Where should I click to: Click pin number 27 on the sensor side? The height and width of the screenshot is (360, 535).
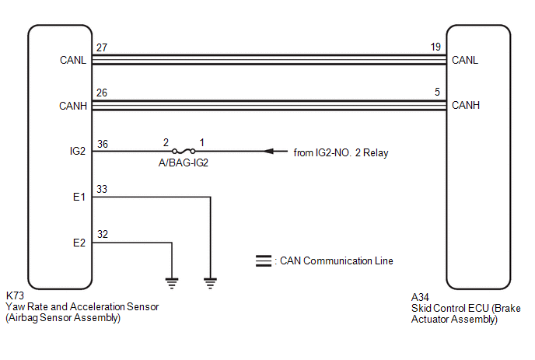(x=102, y=47)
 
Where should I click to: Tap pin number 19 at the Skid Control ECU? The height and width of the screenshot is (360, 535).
(x=435, y=47)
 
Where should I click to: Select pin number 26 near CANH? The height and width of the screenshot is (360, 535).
(x=102, y=93)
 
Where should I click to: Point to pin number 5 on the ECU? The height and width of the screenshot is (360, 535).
(x=438, y=92)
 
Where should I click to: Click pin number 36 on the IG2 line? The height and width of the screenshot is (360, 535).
(x=103, y=144)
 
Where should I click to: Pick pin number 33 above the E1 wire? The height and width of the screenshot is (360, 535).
(x=102, y=189)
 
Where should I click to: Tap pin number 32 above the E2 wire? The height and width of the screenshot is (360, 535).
(x=103, y=234)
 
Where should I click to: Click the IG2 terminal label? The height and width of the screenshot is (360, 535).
(x=78, y=151)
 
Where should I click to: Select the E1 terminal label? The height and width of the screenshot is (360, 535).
(x=79, y=197)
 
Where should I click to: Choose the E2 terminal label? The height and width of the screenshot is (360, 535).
(x=79, y=243)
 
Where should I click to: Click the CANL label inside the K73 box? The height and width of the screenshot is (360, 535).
(x=73, y=60)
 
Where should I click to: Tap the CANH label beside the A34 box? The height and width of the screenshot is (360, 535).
(x=465, y=105)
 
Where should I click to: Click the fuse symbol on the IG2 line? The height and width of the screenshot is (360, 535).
(x=184, y=151)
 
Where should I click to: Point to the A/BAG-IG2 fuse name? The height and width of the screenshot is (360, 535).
(x=184, y=163)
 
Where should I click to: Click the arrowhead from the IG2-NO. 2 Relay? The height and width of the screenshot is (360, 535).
(x=268, y=151)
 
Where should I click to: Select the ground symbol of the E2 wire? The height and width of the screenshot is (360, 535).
(x=172, y=283)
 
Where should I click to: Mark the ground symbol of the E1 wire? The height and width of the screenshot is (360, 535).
(x=210, y=283)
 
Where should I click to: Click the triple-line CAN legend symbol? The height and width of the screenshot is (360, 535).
(x=264, y=260)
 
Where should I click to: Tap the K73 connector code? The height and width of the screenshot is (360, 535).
(x=15, y=295)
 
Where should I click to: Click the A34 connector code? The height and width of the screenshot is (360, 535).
(x=420, y=297)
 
